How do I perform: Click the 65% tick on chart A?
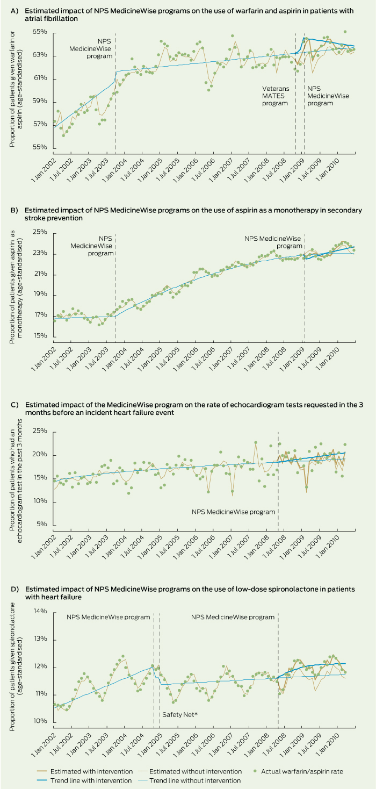click(40, 33)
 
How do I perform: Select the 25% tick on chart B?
click(40, 233)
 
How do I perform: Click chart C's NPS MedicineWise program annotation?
click(233, 512)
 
